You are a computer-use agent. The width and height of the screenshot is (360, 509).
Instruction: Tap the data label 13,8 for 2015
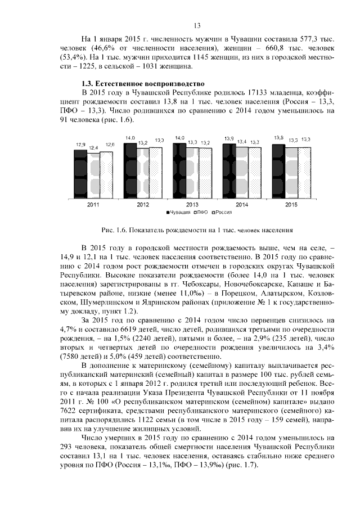tap(278, 138)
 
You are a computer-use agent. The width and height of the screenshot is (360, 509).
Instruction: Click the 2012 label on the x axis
tap(143, 205)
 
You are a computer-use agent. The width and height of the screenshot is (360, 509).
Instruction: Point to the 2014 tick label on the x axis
tap(242, 205)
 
